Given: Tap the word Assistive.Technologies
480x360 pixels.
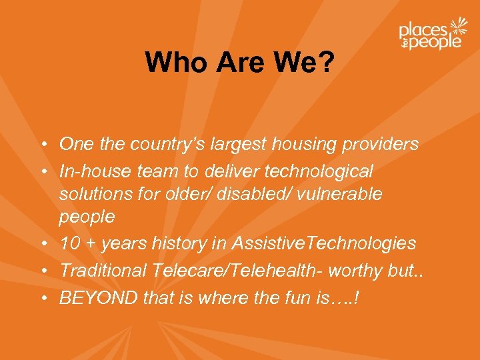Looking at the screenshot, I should [323, 244].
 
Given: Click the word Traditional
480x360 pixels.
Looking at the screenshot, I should [103, 270].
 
